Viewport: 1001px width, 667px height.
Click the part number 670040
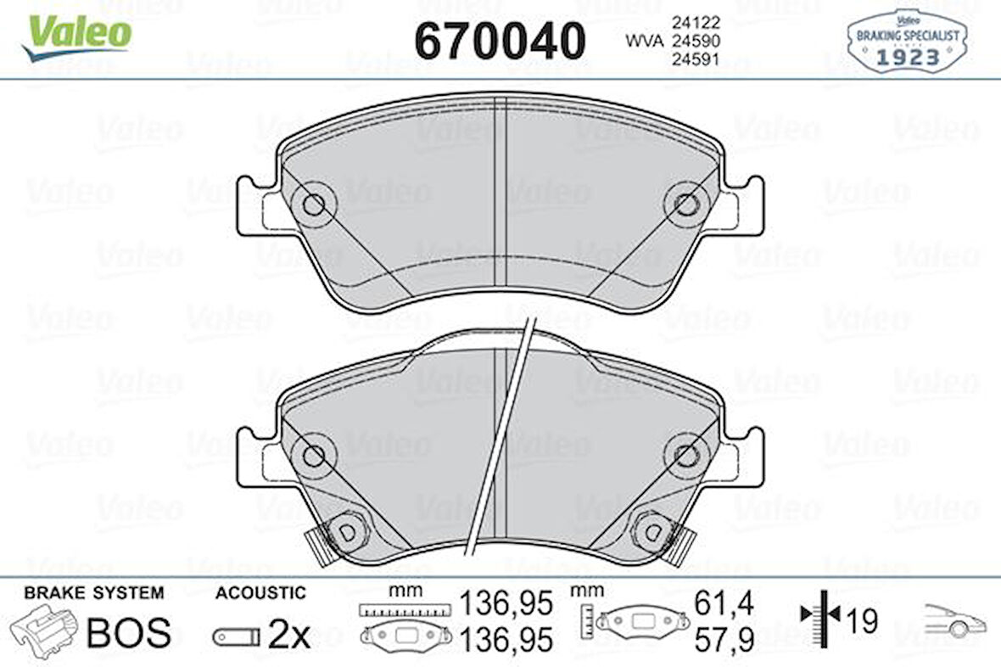pos(500,40)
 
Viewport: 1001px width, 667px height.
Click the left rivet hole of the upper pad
pos(313,204)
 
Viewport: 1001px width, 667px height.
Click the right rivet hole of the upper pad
pos(686,204)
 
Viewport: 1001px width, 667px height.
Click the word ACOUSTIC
pos(260,593)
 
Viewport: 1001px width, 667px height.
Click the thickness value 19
pos(862,621)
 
